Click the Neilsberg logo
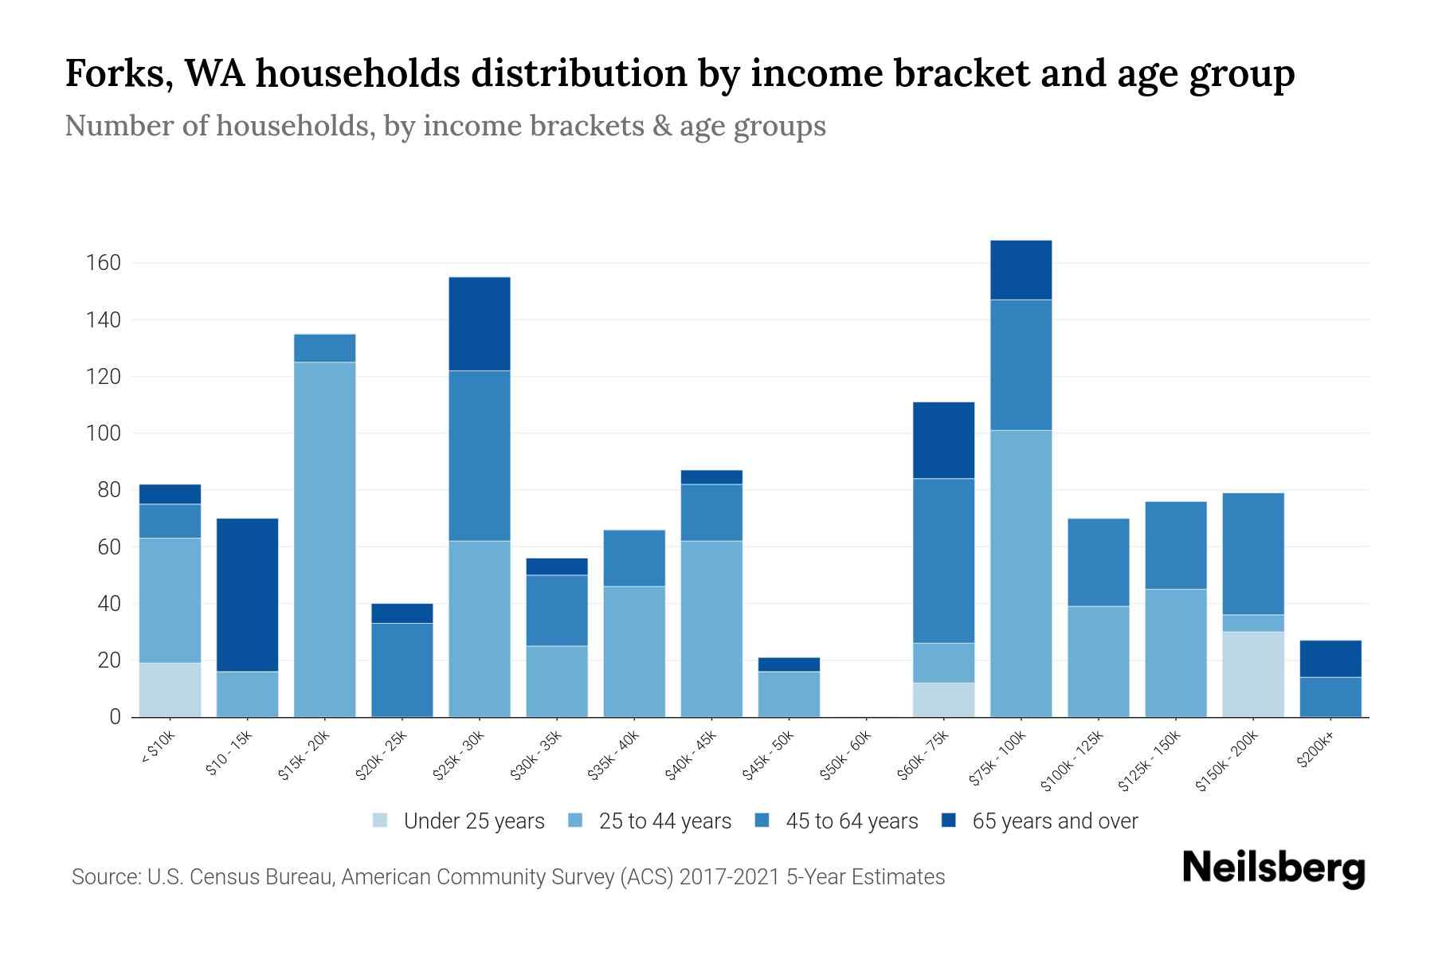(x=1273, y=868)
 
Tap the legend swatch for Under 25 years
(x=381, y=821)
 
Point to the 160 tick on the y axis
(x=104, y=263)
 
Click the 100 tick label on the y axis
(x=104, y=433)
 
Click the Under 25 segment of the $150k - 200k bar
(x=1253, y=674)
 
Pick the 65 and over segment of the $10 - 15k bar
(x=248, y=594)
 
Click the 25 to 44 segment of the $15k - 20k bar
(x=325, y=539)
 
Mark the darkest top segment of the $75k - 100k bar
(x=1021, y=270)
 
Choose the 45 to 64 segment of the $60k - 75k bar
(x=943, y=560)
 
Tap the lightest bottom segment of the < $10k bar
(x=170, y=690)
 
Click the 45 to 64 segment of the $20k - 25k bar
(x=402, y=670)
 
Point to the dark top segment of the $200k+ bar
(x=1330, y=658)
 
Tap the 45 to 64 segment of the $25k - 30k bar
(x=480, y=456)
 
